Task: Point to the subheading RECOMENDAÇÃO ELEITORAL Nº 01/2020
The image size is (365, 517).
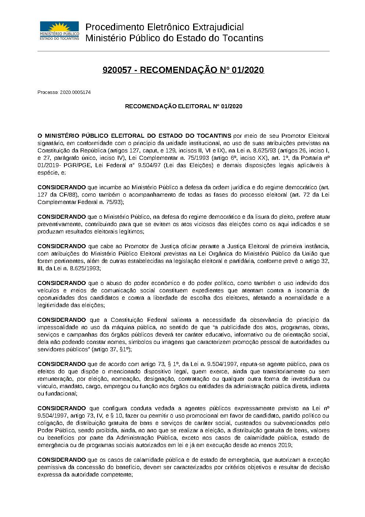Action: pos(184,106)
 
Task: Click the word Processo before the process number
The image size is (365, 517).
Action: pos(47,92)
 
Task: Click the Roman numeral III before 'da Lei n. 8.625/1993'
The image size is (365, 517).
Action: pos(40,268)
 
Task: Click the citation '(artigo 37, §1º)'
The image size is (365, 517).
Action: pos(112,349)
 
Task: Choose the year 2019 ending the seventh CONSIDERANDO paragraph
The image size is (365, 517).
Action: pos(285,445)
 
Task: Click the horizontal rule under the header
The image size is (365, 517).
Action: pos(184,51)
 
